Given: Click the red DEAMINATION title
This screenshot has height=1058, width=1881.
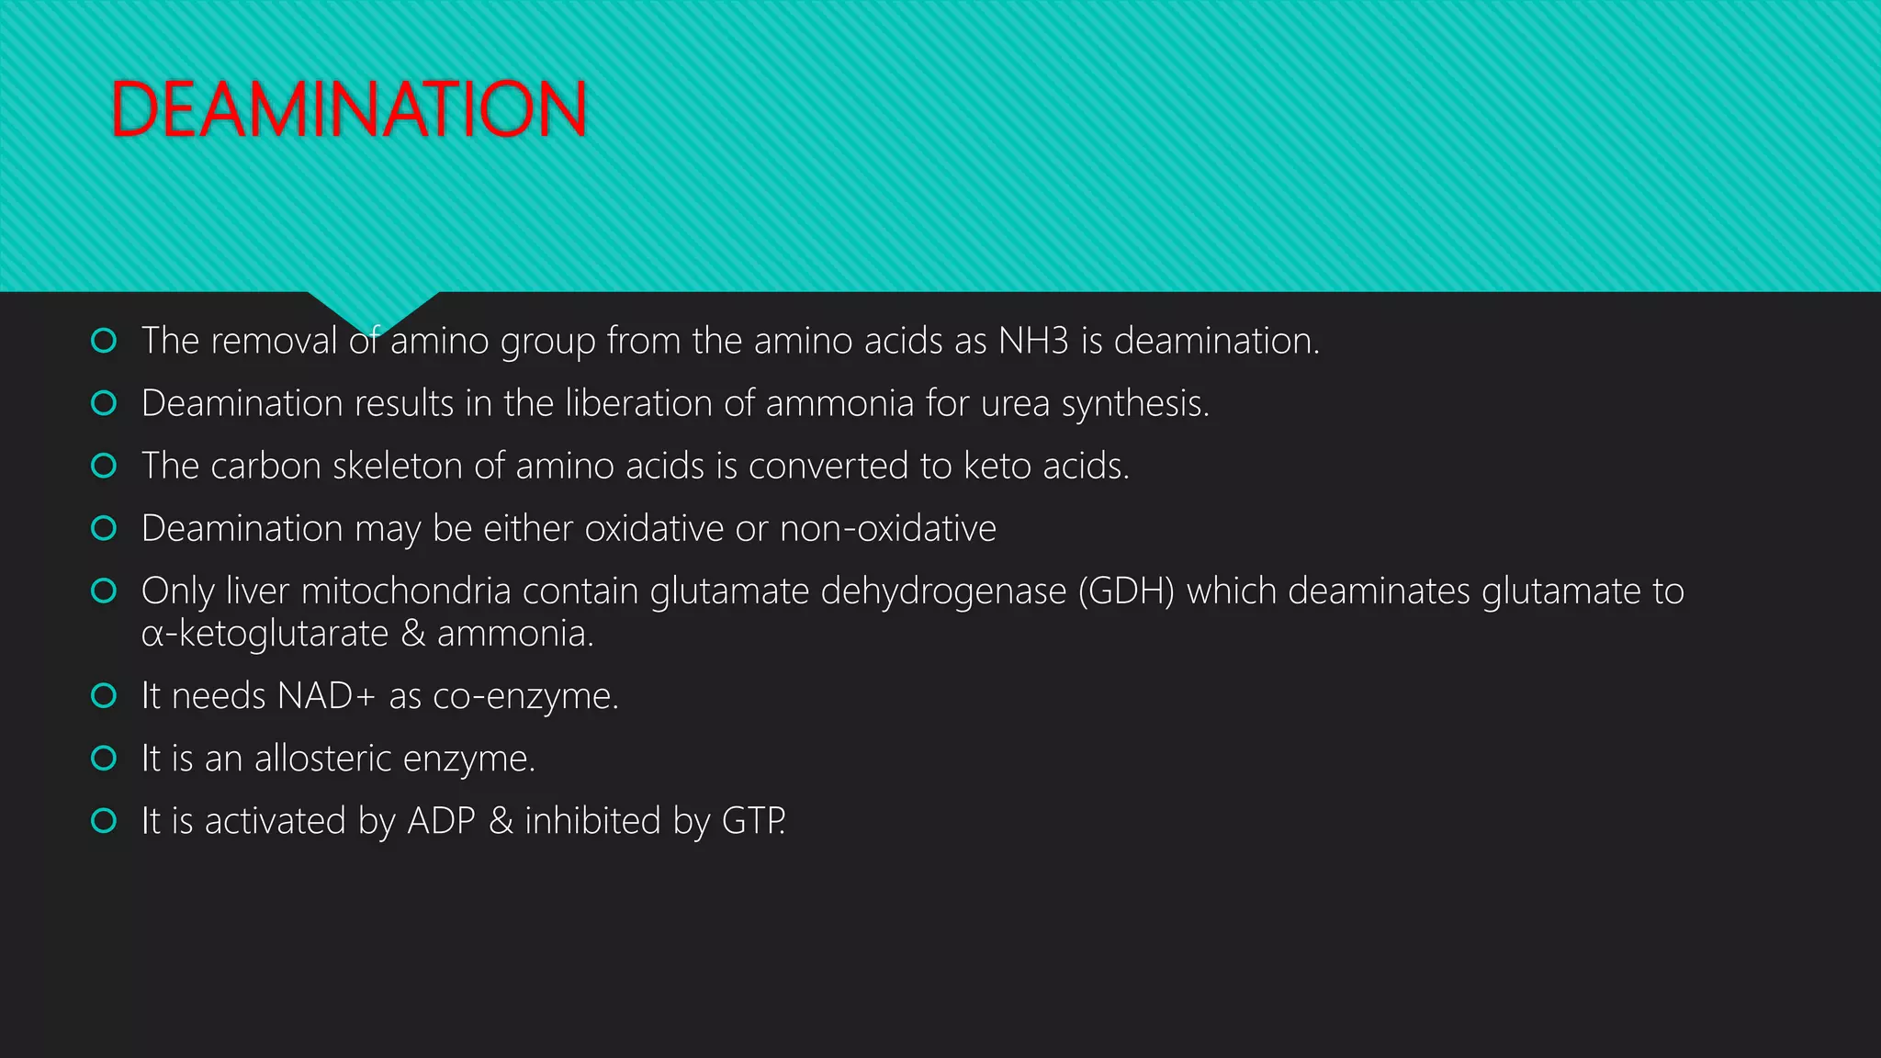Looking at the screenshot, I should click(348, 109).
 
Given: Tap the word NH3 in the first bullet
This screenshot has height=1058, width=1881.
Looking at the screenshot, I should click(1033, 341).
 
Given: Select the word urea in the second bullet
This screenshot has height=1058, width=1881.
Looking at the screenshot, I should click(1015, 404).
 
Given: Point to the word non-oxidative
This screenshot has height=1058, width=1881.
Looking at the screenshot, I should click(887, 529).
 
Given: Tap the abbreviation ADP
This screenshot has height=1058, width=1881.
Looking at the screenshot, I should click(441, 821).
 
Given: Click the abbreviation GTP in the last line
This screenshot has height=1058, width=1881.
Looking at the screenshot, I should click(752, 821).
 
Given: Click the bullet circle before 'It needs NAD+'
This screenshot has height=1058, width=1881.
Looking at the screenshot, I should click(105, 696).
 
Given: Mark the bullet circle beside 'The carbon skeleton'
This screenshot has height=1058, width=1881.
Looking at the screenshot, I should click(105, 466).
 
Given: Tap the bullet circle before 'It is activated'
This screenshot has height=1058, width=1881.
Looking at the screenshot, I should click(105, 821).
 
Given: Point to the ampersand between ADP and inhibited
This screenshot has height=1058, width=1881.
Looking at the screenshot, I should click(501, 821).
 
